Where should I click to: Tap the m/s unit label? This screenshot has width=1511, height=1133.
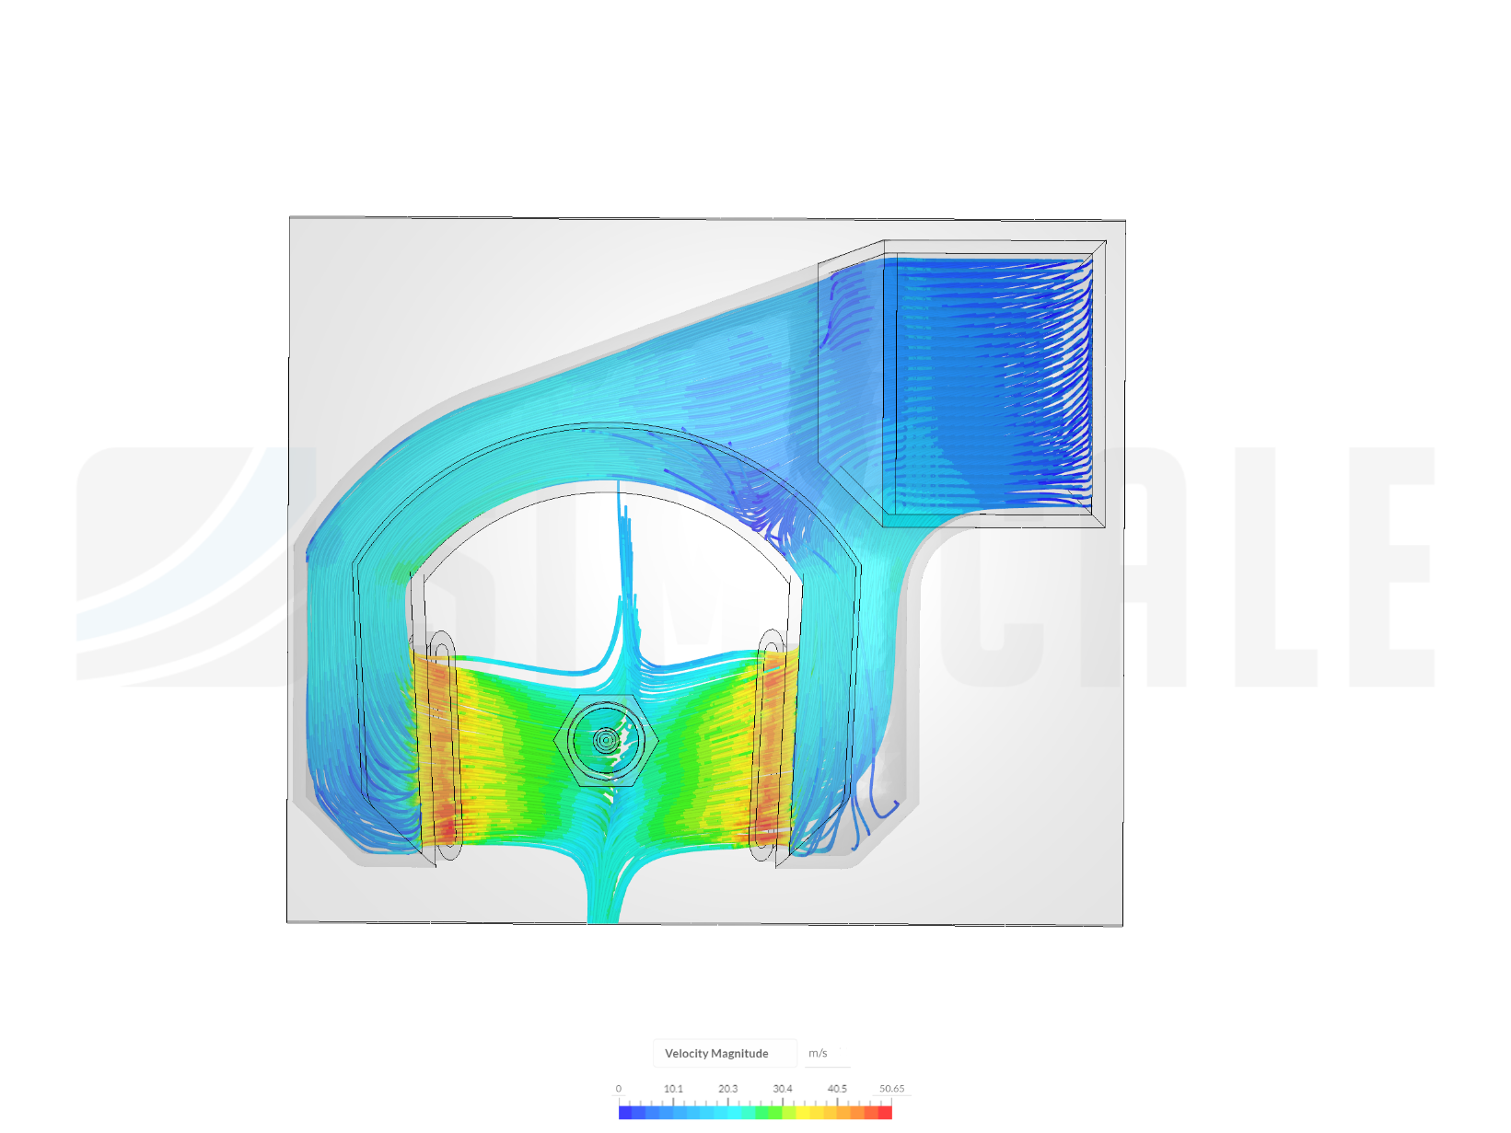tap(817, 1053)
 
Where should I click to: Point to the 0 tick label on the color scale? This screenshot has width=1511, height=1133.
tap(618, 1088)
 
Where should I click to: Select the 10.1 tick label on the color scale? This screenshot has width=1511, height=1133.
tap(672, 1088)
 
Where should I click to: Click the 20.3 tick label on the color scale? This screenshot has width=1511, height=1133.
tap(727, 1088)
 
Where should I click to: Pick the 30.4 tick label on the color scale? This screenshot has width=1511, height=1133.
tap(782, 1088)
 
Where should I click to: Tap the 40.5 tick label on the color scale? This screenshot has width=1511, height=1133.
tap(837, 1088)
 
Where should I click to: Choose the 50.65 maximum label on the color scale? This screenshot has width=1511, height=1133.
tap(891, 1088)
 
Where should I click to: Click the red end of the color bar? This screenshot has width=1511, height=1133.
tap(885, 1112)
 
